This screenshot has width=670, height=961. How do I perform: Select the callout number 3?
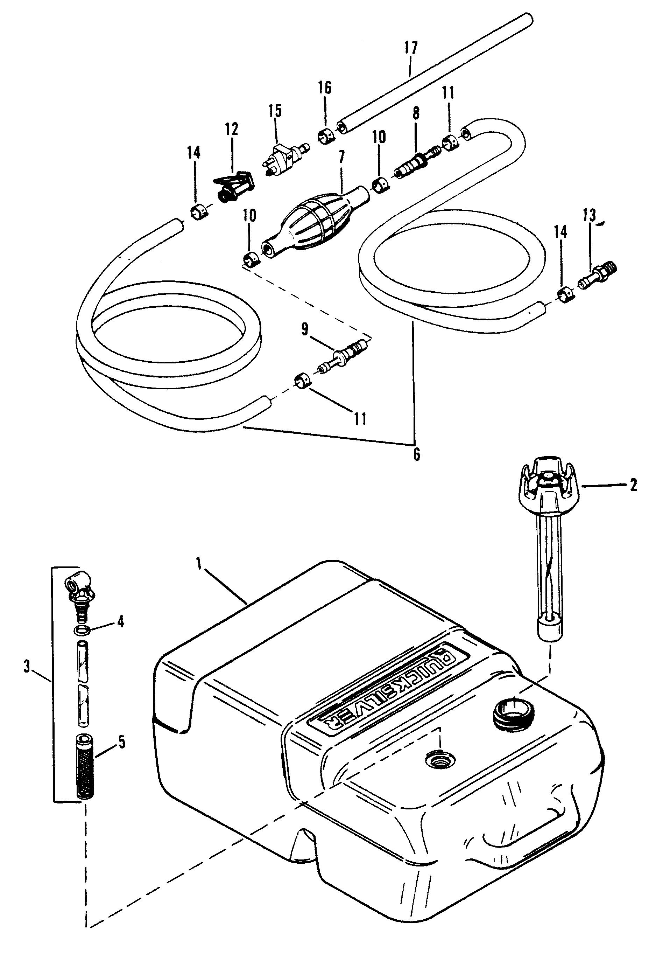[27, 667]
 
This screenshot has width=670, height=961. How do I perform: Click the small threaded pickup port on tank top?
[439, 759]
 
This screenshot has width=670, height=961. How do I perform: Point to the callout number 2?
[633, 485]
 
